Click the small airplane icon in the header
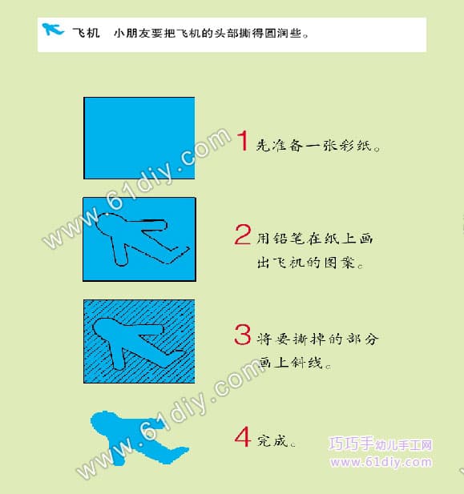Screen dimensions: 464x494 [x=53, y=30]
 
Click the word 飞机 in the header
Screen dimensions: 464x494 [x=86, y=33]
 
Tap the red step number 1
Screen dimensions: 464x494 [x=243, y=140]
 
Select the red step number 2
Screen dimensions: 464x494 [x=243, y=235]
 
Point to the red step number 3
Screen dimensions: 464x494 [x=243, y=335]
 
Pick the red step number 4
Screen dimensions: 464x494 [x=243, y=436]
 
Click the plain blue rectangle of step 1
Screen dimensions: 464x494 [x=139, y=138]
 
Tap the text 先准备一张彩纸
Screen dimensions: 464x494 [x=318, y=145]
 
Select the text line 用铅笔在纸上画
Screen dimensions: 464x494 [x=314, y=239]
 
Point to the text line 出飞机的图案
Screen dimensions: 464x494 [x=310, y=263]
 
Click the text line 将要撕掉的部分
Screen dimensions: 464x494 [x=317, y=339]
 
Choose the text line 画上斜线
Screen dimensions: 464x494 [x=294, y=363]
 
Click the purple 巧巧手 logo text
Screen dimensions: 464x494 [x=380, y=444]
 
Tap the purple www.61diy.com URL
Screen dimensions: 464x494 [x=381, y=462]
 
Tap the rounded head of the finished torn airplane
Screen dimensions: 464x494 [x=103, y=423]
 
